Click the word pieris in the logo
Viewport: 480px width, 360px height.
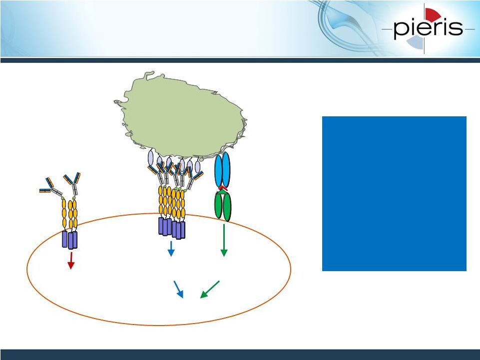click(x=428, y=28)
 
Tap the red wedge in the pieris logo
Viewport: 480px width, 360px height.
click(x=432, y=14)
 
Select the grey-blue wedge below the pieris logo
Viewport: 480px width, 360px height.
click(x=417, y=42)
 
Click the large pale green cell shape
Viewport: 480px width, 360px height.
click(x=181, y=115)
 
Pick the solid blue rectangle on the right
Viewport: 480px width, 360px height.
click(x=394, y=193)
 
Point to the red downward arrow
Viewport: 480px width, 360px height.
click(x=71, y=261)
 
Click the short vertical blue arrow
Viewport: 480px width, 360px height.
click(x=171, y=249)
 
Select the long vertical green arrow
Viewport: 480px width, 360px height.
click(x=224, y=240)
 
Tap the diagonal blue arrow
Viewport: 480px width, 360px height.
click(x=178, y=289)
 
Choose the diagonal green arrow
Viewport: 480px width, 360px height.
click(x=210, y=289)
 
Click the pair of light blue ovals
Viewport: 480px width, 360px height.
click(x=222, y=169)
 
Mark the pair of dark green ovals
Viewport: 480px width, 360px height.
click(x=223, y=206)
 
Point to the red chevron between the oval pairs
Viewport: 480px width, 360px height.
click(x=223, y=188)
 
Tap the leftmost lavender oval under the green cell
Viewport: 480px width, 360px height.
click(x=151, y=158)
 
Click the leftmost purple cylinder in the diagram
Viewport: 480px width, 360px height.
click(x=64, y=239)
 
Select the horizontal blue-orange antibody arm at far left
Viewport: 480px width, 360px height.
click(x=45, y=191)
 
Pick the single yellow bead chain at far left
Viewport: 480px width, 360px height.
click(x=64, y=213)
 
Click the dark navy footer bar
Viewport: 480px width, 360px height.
click(x=240, y=355)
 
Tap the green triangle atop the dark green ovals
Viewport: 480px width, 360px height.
click(x=223, y=192)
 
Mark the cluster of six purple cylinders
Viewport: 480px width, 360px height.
click(x=172, y=228)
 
